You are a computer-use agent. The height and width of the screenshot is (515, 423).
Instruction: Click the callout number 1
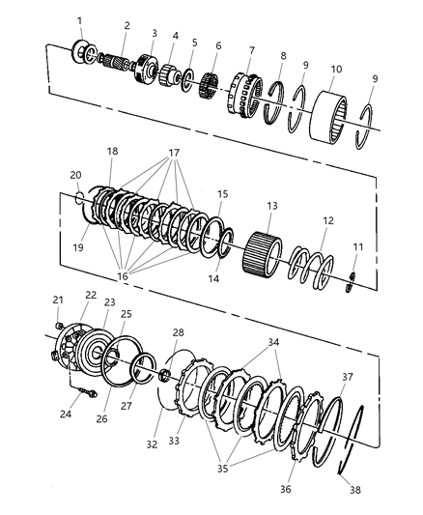(80, 20)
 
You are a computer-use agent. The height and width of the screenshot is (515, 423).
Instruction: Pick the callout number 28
(178, 333)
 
